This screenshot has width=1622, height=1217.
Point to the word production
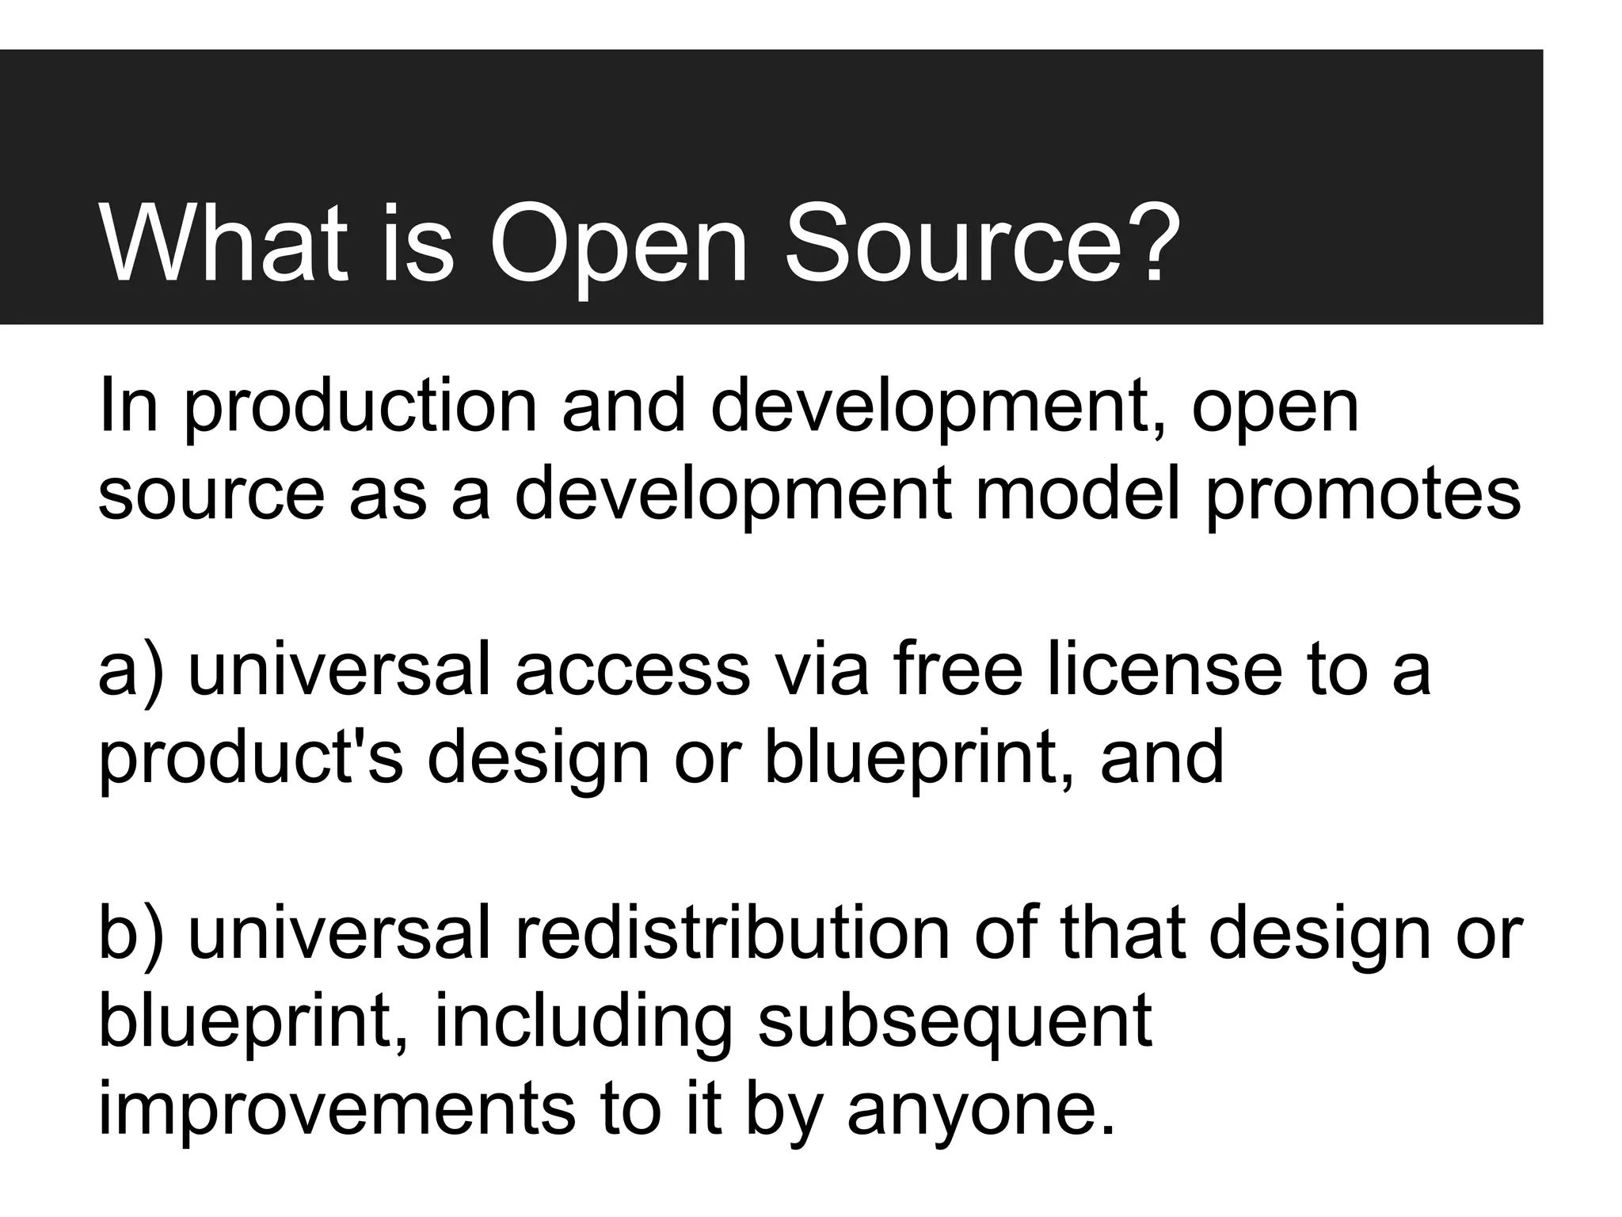pos(360,408)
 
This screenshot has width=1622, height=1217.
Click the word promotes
pos(1362,495)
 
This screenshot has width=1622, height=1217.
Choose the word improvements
pos(337,1109)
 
